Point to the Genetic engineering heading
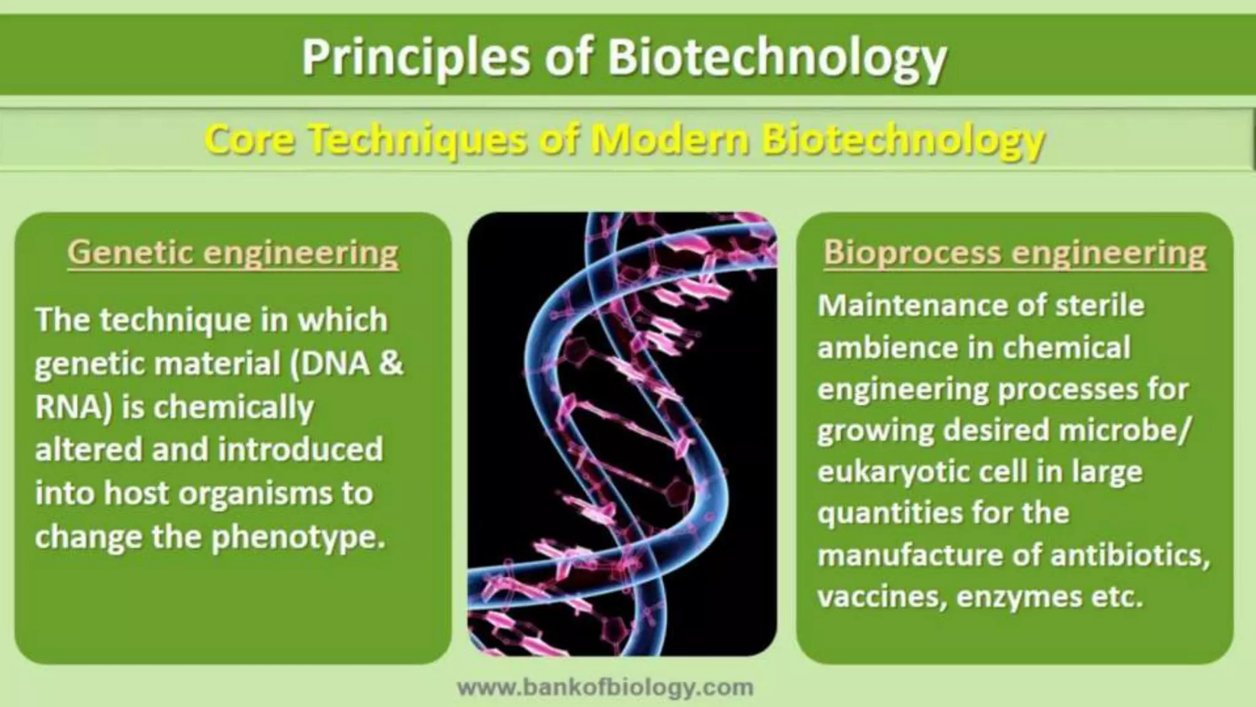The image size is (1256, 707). pyautogui.click(x=233, y=252)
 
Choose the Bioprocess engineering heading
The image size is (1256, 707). pyautogui.click(x=1014, y=252)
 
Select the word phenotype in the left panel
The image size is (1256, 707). pyautogui.click(x=299, y=538)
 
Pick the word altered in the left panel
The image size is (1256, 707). pyautogui.click(x=88, y=450)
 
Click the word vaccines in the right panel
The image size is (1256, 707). pyautogui.click(x=878, y=597)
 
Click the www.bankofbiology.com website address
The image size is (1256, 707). pyautogui.click(x=605, y=687)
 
